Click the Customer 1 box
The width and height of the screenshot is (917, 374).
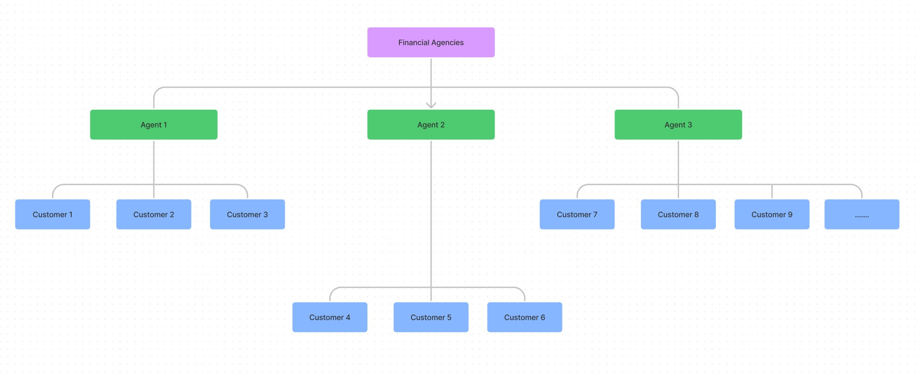[53, 215]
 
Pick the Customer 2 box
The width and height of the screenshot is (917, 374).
[153, 215]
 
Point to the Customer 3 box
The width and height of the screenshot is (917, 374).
[247, 215]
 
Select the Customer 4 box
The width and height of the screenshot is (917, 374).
[330, 318]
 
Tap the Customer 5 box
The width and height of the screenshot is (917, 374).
[431, 318]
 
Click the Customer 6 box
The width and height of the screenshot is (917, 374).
[524, 318]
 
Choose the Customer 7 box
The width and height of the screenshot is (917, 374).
[577, 215]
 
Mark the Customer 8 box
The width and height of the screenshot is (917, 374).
[678, 215]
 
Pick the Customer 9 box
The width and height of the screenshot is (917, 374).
[771, 215]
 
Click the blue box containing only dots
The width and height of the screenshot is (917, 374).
[862, 215]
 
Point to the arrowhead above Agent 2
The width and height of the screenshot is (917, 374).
[431, 105]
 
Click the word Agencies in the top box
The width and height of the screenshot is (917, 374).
[447, 43]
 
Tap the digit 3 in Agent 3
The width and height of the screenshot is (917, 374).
[690, 125]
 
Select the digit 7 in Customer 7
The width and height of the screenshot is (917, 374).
[595, 215]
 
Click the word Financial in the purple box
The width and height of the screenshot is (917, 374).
[414, 43]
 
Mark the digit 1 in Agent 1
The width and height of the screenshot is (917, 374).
[165, 125]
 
